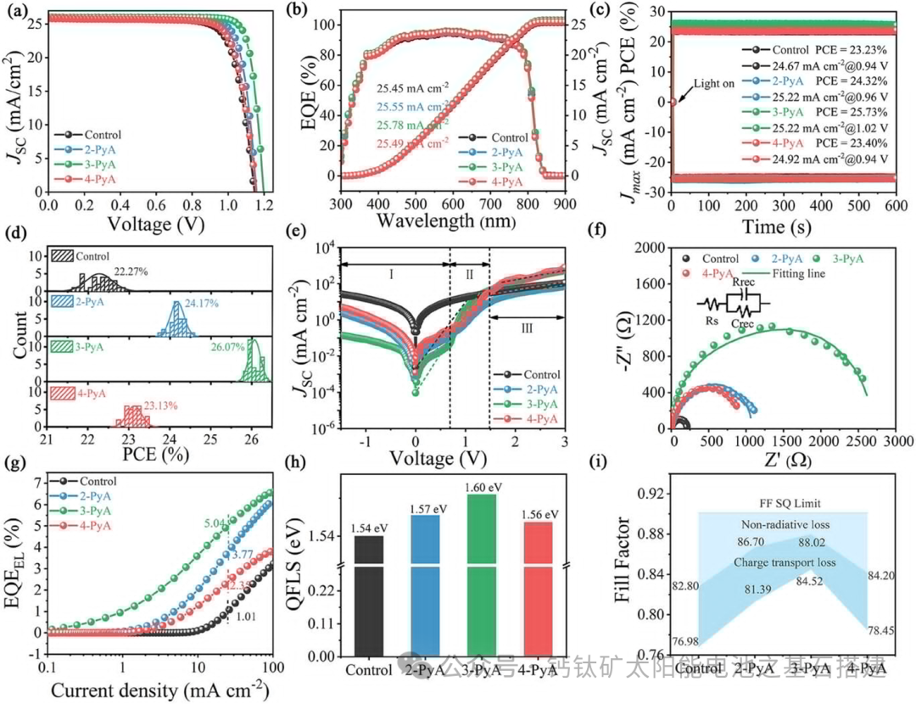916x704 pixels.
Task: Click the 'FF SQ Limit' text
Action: pyautogui.click(x=784, y=502)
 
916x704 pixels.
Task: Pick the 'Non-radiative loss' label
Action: pyautogui.click(x=784, y=525)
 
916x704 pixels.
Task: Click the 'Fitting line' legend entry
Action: pyautogui.click(x=796, y=273)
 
